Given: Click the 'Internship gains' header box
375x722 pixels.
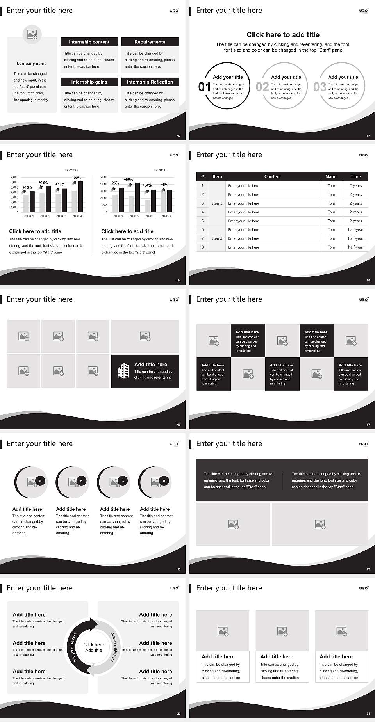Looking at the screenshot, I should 89,82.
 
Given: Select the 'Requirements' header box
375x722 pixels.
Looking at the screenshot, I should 150,42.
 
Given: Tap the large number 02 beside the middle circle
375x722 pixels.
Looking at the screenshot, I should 262,87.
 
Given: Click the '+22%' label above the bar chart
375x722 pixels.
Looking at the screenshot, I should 77,178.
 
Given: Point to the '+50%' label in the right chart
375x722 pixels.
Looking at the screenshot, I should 128,180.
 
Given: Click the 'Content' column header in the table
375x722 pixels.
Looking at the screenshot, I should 272,176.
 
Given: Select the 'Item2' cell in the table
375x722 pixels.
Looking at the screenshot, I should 217,238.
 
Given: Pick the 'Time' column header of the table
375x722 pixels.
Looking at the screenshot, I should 355,176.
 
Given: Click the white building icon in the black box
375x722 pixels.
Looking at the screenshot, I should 123,371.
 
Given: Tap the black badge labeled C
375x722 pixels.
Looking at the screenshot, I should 123,481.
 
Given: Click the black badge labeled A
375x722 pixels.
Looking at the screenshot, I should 40,481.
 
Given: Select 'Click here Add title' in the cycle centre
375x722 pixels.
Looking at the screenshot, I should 94,647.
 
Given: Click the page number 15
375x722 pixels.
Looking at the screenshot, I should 368,280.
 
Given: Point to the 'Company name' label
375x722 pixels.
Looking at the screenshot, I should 32,64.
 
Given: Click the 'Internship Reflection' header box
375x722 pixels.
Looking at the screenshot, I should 150,82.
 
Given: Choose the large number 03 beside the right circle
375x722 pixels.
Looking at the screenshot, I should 320,87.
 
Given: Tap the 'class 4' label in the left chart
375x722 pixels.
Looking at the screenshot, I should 77,216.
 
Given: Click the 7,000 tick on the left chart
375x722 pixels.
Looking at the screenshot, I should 14,177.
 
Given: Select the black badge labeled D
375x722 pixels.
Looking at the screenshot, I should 164,481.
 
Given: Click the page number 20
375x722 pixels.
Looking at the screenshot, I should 179,713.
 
